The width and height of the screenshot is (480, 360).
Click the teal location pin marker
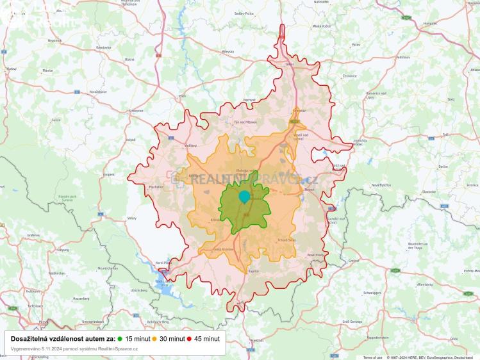click(244, 197)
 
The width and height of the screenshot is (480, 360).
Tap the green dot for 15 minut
click(120, 338)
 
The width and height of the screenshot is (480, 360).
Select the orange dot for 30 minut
click(154, 338)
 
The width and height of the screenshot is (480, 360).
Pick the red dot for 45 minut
click(190, 338)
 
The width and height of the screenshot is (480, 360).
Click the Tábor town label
click(289, 65)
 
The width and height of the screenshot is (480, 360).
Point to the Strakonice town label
click(137, 110)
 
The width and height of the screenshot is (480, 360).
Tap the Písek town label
click(183, 96)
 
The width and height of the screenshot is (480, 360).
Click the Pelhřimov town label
click(403, 58)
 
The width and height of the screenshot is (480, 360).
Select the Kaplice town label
click(254, 271)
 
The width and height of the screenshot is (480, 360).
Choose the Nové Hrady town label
click(316, 255)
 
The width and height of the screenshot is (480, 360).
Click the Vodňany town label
click(191, 145)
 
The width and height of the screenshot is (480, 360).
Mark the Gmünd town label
click(353, 261)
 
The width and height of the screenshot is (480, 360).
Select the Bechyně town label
click(249, 100)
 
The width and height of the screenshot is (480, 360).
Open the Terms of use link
click(372, 357)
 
